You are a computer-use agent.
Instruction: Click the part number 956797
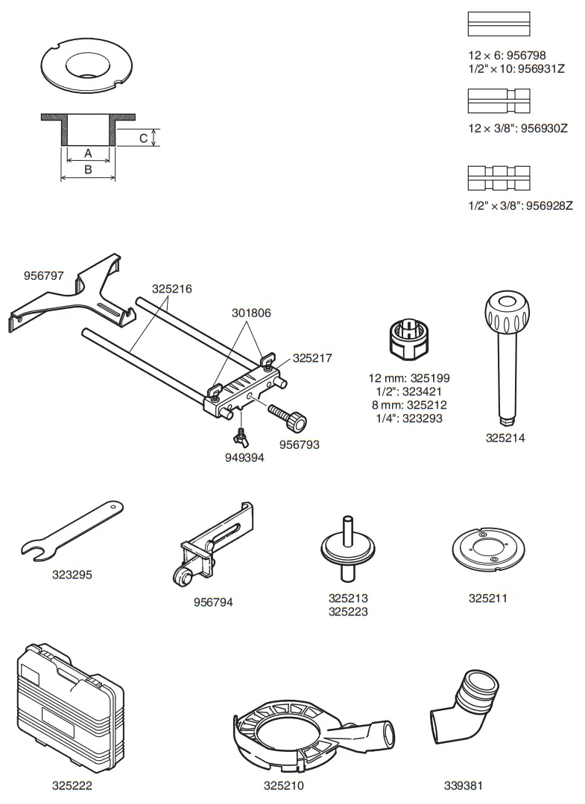click(43, 275)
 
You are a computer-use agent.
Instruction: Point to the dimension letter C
click(142, 138)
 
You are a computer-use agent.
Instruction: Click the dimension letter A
click(88, 153)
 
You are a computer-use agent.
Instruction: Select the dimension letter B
click(88, 170)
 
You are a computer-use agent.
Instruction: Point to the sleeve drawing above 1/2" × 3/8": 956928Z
click(499, 177)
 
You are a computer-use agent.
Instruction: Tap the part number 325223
click(348, 612)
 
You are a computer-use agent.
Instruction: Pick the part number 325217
click(312, 357)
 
